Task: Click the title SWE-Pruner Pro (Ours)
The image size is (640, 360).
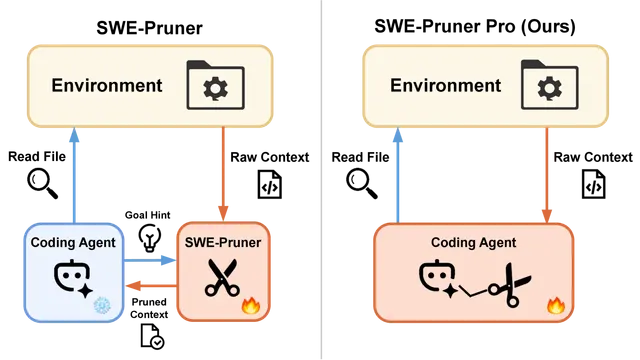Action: pos(475,27)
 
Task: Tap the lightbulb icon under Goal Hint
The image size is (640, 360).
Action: pos(149,238)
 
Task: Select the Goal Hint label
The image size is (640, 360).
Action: pos(147,215)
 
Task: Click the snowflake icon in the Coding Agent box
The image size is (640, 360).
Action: pos(102,305)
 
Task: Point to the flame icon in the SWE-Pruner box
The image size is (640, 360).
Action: pos(251,305)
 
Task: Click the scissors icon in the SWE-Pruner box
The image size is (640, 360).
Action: pos(222,277)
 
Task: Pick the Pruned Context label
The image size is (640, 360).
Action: pos(149,308)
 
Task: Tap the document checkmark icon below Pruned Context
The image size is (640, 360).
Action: pos(152,336)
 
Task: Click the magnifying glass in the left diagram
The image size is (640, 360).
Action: pos(42,184)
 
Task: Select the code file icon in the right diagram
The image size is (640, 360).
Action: pos(593,184)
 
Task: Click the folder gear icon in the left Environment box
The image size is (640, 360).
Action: pos(216,85)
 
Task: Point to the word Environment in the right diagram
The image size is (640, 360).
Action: pos(445,85)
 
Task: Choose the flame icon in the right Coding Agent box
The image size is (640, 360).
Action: pos(556,305)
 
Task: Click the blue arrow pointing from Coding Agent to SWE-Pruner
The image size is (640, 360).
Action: pos(149,260)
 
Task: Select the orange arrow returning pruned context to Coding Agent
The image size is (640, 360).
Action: pos(151,286)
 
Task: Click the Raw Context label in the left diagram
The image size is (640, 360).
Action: pos(270,157)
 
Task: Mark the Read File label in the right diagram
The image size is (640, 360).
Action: pos(360,157)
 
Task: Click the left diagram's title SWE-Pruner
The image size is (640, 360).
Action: pos(149,28)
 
